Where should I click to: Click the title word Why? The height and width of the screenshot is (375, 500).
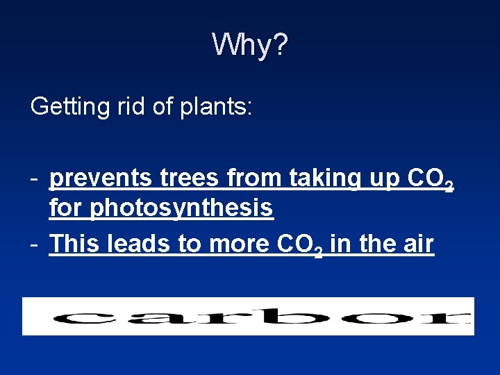[250, 45]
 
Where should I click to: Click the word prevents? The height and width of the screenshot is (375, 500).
[100, 179]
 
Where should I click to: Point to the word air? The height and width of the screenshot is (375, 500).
[415, 244]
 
